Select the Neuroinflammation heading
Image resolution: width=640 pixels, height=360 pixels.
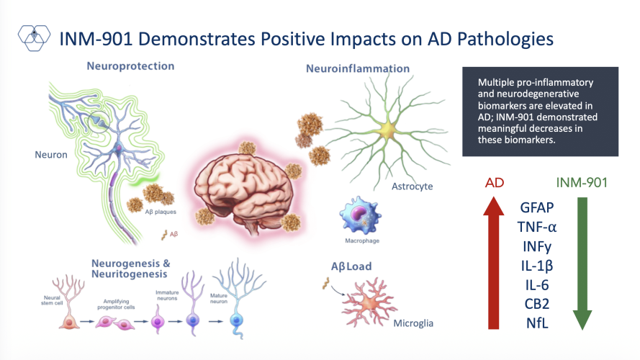tap(358, 69)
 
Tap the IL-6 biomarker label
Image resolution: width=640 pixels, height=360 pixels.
tap(537, 284)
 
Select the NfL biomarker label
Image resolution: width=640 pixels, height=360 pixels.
tap(537, 322)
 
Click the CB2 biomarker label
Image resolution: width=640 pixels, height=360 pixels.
tap(537, 303)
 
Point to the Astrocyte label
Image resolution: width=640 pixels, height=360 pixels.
tap(412, 186)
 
